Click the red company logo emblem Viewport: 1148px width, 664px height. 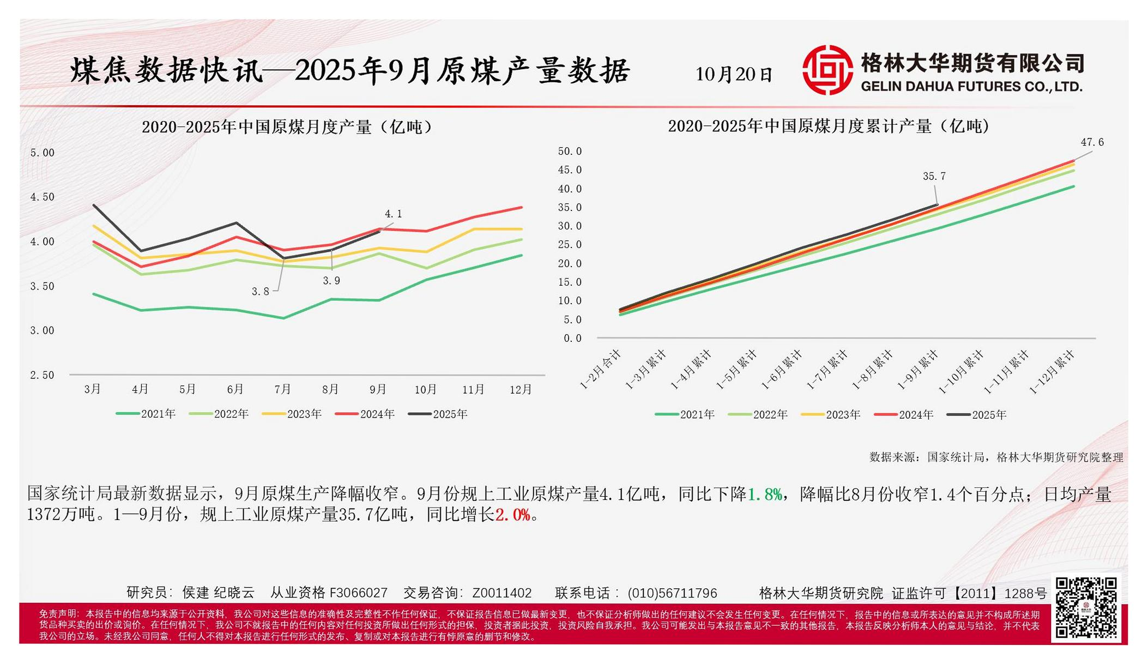(827, 70)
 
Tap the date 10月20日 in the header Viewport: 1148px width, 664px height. (734, 74)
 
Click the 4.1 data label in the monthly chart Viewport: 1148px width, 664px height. (393, 214)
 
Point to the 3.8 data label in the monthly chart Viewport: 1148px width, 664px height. (260, 292)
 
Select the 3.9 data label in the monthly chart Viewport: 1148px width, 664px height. (331, 281)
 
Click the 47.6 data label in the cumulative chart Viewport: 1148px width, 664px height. (1092, 142)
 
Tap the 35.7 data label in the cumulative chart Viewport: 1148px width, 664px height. (934, 177)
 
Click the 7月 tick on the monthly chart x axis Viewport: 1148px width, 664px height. (282, 389)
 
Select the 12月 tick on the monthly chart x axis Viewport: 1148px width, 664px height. (521, 389)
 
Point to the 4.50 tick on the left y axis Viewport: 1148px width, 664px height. (42, 197)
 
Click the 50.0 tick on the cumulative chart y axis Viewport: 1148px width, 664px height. (570, 151)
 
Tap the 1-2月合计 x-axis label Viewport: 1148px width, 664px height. (601, 370)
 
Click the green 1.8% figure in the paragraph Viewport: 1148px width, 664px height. (764, 494)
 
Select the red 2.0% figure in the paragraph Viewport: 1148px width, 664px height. (512, 515)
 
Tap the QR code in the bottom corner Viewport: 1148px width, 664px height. (1086, 607)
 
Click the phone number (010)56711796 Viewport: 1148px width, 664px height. (672, 593)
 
